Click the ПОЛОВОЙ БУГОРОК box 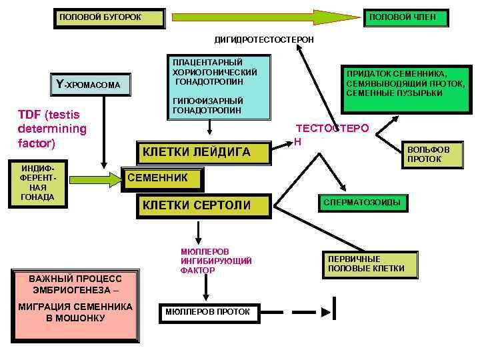109,17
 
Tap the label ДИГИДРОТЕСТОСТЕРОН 263,40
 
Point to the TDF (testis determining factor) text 52,128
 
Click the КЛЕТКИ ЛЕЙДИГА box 203,153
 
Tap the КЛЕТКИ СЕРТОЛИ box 203,205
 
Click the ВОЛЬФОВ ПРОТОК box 429,155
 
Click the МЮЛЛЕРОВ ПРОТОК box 207,312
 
